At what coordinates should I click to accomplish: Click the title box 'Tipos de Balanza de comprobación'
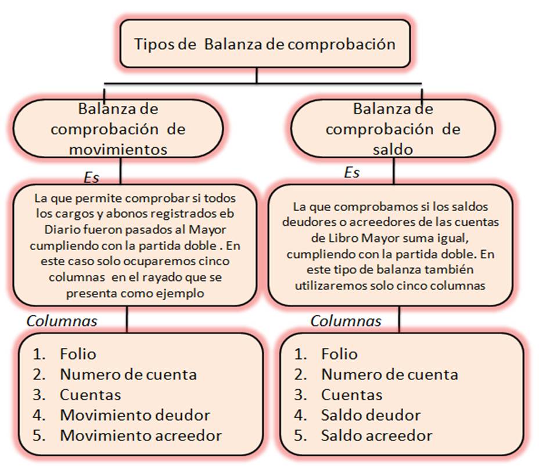265,44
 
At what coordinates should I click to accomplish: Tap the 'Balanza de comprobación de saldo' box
393,129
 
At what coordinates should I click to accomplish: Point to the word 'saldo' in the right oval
393,149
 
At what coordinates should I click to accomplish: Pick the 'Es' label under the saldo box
352,173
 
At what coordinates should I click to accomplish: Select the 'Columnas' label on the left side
62,321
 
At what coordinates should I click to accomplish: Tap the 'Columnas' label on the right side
346,321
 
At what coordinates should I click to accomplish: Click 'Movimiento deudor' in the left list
135,415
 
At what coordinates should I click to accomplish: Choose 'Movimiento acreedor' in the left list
141,435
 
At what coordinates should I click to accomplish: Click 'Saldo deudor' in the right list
371,415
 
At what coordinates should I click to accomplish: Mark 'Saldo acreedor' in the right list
376,435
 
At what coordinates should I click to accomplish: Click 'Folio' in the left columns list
78,354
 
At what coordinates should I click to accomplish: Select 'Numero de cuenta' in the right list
389,374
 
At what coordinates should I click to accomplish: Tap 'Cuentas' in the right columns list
351,394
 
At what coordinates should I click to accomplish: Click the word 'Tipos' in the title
153,44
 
